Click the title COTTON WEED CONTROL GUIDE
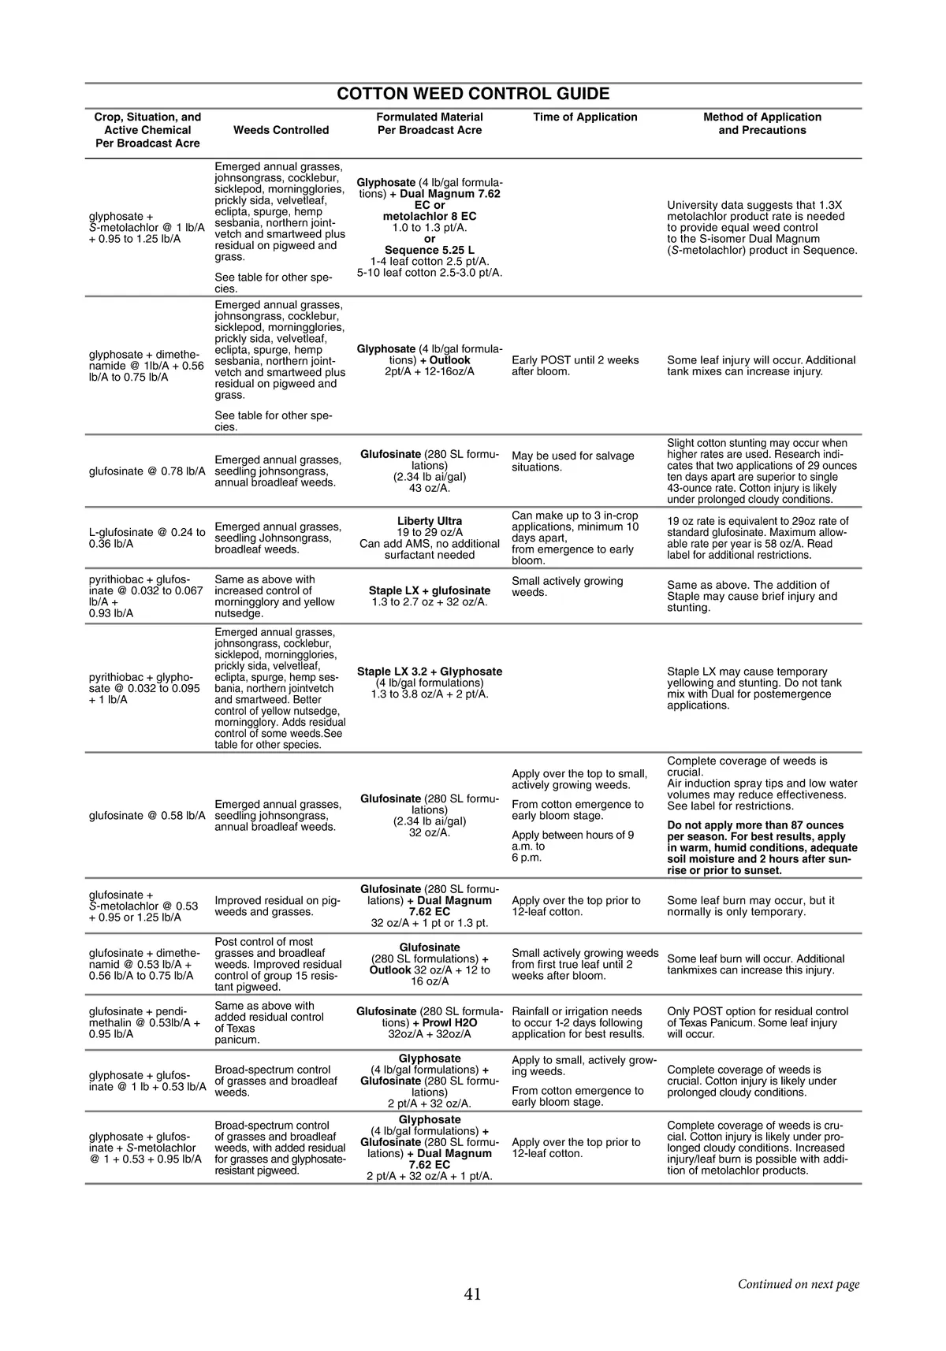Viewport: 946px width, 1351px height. coord(473,94)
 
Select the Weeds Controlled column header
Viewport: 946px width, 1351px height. coord(281,130)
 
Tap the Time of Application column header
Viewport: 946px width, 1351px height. coord(585,117)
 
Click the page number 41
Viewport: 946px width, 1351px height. coord(473,1293)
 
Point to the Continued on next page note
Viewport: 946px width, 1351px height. coord(798,1284)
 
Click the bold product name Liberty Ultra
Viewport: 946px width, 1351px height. coord(430,521)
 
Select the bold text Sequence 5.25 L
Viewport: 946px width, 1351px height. coord(430,250)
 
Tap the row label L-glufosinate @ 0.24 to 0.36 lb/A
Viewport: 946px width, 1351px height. coord(147,538)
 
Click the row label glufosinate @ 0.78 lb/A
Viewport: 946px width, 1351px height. coord(147,471)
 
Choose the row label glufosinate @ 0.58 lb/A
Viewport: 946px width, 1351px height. coord(147,815)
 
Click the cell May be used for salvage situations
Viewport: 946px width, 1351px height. coord(573,461)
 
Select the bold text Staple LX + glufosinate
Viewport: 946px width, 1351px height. coord(430,590)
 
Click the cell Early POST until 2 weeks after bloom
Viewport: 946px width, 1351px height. coord(575,366)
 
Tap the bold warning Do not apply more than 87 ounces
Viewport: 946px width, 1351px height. coord(755,825)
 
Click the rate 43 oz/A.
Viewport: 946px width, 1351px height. coord(430,489)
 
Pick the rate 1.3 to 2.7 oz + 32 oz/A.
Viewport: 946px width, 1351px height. coord(430,602)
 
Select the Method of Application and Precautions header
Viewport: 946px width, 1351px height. coord(762,124)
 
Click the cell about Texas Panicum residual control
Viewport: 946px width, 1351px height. coord(758,1022)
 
